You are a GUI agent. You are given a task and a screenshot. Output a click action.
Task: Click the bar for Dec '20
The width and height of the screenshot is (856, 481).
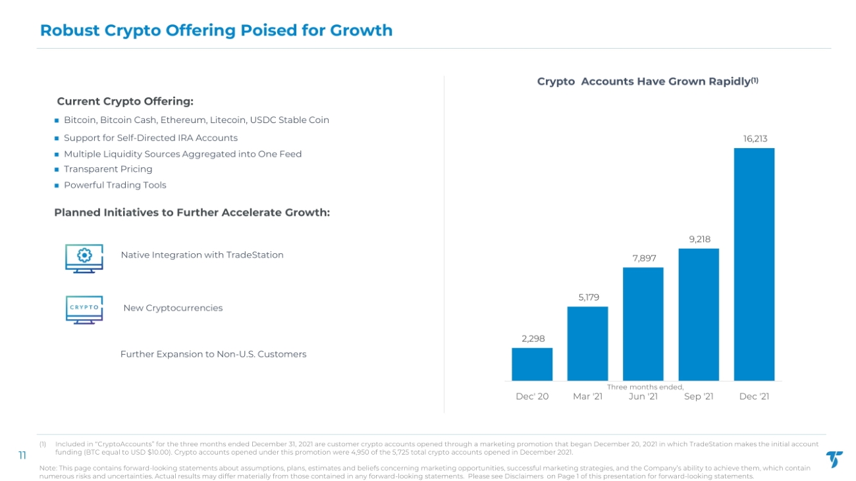(x=532, y=364)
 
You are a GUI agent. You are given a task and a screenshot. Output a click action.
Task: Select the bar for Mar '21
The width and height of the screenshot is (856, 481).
(x=587, y=343)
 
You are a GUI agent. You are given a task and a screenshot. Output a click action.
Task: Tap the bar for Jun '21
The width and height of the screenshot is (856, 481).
(x=643, y=324)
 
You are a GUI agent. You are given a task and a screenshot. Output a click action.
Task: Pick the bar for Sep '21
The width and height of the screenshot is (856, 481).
(x=699, y=315)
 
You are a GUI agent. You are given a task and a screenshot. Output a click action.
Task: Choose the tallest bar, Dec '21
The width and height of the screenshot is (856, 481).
(x=755, y=264)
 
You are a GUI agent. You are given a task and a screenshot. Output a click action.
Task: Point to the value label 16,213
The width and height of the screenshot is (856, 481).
(x=755, y=139)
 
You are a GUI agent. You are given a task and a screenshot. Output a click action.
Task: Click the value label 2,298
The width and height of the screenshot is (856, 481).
(x=533, y=339)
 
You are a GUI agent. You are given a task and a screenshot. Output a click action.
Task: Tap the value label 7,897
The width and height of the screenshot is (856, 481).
(x=644, y=259)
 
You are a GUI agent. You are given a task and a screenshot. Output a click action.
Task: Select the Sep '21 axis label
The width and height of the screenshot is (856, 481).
(x=699, y=396)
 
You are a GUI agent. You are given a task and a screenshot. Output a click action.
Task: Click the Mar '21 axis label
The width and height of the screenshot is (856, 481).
(x=588, y=396)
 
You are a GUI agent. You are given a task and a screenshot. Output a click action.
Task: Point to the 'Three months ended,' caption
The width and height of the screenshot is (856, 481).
(x=645, y=387)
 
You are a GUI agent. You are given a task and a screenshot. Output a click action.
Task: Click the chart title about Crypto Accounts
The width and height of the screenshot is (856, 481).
(x=648, y=82)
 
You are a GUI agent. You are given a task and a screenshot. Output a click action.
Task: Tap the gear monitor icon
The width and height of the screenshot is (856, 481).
(x=84, y=259)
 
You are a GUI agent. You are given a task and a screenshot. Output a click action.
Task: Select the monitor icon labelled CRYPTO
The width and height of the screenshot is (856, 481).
(x=84, y=310)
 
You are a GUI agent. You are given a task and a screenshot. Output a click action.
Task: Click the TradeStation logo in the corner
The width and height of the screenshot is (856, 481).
(x=834, y=459)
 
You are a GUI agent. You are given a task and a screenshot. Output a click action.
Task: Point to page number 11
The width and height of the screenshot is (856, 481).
(x=22, y=455)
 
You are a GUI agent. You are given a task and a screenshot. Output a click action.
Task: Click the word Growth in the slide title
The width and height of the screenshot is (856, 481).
(x=361, y=30)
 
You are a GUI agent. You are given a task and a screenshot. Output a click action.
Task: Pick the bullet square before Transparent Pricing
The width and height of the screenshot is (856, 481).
(x=57, y=170)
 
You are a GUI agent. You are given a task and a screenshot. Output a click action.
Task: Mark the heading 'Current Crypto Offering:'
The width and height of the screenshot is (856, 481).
(x=125, y=101)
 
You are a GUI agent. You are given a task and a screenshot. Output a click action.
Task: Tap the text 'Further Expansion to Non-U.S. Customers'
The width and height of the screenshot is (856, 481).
(x=213, y=354)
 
